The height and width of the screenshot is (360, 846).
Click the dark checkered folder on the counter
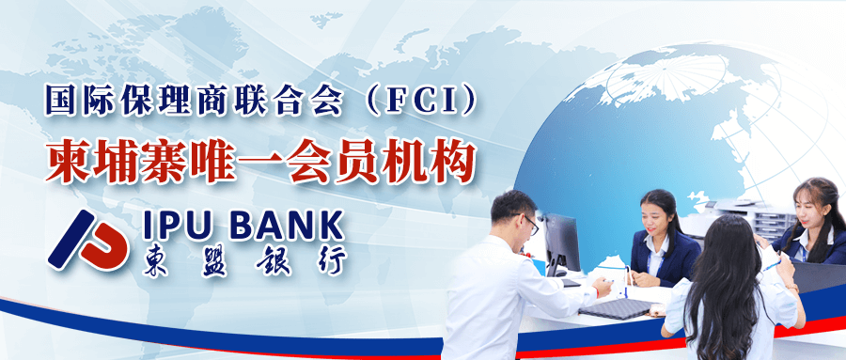pos(617,308)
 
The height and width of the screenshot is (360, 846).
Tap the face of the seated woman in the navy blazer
pos(655,219)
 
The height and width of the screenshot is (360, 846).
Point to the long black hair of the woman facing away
pos(724,282)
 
